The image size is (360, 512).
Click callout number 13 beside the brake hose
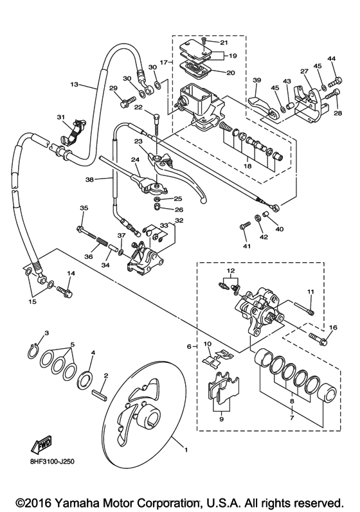(73, 84)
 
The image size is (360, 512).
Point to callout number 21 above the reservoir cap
(223, 42)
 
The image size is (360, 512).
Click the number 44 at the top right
(332, 58)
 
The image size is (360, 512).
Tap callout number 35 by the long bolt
(83, 208)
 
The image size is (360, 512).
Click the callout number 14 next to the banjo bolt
(71, 274)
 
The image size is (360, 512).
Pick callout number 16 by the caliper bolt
(332, 328)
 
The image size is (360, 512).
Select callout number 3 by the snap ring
(46, 332)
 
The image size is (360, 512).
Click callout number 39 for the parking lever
(256, 80)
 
